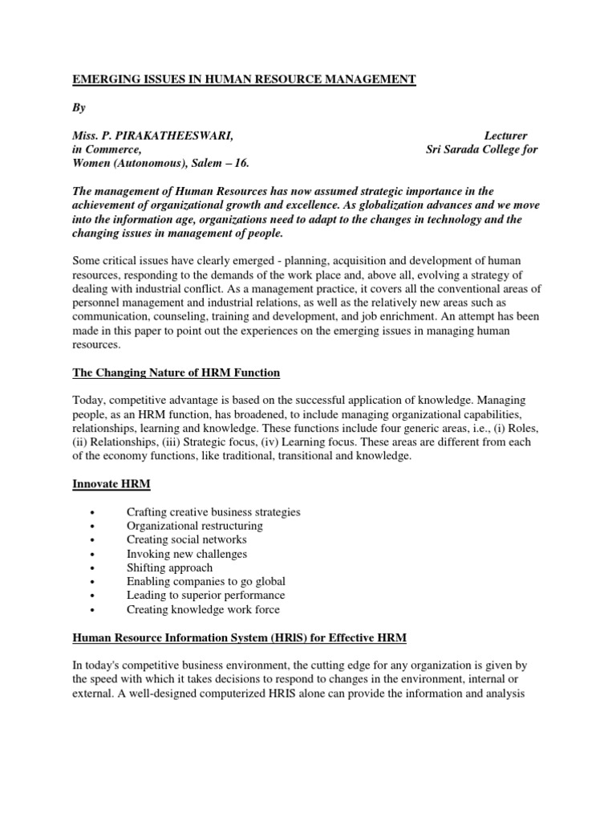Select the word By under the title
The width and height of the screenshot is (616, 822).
[x=79, y=107]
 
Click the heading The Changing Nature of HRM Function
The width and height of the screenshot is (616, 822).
[x=176, y=372]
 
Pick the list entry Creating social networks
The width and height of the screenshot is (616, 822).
[x=187, y=539]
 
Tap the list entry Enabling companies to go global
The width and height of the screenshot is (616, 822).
[x=206, y=581]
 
